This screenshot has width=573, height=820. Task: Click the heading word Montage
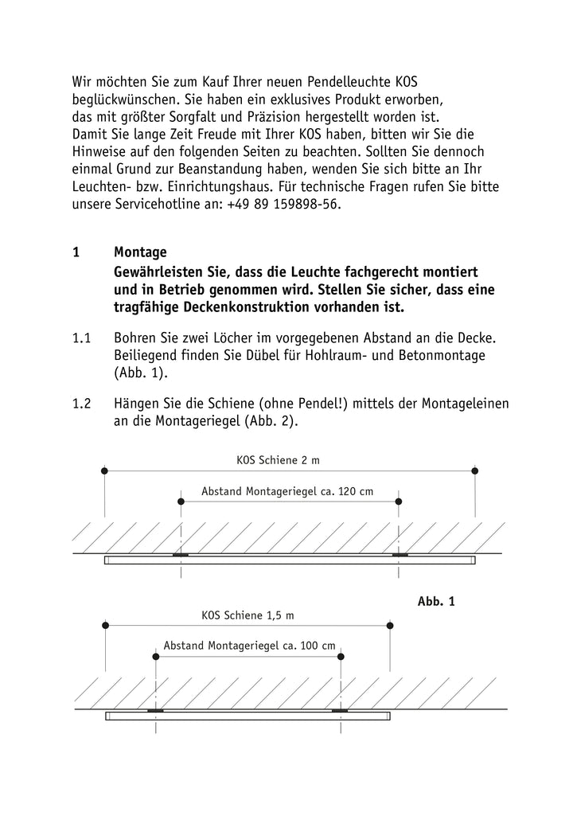click(140, 252)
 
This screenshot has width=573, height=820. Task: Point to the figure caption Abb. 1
click(436, 602)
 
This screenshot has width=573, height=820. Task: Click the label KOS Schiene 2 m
click(279, 459)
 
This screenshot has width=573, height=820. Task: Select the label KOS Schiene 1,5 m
click(248, 615)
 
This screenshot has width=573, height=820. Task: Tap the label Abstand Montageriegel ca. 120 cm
click(287, 491)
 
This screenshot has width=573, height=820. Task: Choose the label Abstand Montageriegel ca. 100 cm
click(249, 646)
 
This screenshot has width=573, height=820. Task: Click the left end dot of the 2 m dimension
click(104, 471)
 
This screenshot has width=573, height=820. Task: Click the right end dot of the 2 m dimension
click(475, 471)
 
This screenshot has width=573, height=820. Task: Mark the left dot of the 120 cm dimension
click(181, 502)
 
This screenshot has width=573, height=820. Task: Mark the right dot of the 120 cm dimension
click(399, 502)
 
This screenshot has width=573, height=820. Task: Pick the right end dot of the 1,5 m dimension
click(390, 626)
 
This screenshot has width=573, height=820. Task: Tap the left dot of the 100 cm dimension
click(156, 657)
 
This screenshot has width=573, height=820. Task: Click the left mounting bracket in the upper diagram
click(181, 555)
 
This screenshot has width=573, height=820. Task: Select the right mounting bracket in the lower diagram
click(341, 709)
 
